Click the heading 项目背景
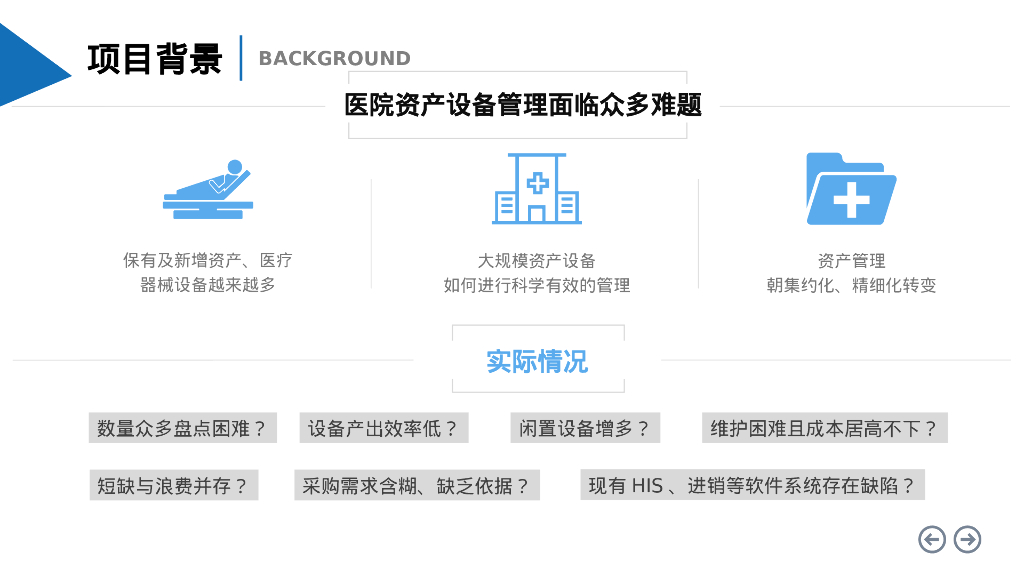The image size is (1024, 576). click(x=154, y=58)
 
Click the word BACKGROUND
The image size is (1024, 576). click(x=334, y=58)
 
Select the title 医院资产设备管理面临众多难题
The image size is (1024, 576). click(x=523, y=105)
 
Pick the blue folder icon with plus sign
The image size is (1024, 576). click(x=850, y=189)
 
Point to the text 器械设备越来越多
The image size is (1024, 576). click(x=208, y=285)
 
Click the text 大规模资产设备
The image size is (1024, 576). click(x=537, y=261)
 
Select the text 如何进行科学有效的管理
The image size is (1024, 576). click(x=537, y=286)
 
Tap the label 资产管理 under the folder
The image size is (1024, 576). click(x=851, y=261)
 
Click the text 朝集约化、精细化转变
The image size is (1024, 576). click(x=851, y=286)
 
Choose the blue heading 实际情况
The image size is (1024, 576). click(x=537, y=361)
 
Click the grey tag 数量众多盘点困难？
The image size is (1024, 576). click(x=182, y=429)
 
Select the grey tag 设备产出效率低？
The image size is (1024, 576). click(x=383, y=429)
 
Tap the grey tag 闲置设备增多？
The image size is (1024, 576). click(x=585, y=429)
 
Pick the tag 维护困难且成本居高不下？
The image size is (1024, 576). click(x=824, y=429)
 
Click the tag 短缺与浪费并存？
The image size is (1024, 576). click(x=172, y=486)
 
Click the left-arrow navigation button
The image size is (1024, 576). click(x=932, y=540)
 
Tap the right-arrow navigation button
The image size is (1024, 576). click(x=967, y=540)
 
